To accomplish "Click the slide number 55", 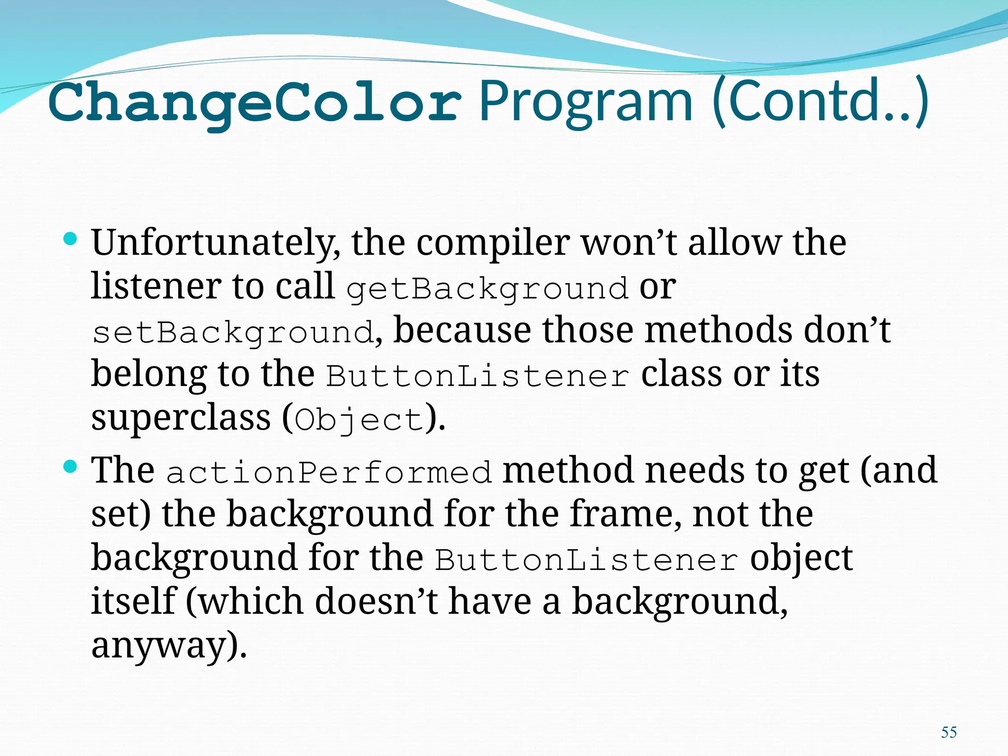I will coord(948,732).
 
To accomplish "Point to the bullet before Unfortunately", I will coord(71,240).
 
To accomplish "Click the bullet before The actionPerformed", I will coord(71,467).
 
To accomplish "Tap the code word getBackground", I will coord(487,288).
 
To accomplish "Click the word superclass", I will coord(181,418).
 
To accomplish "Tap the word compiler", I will coord(493,244).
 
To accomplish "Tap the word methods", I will coord(718,331).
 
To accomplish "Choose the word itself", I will coord(133,602).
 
